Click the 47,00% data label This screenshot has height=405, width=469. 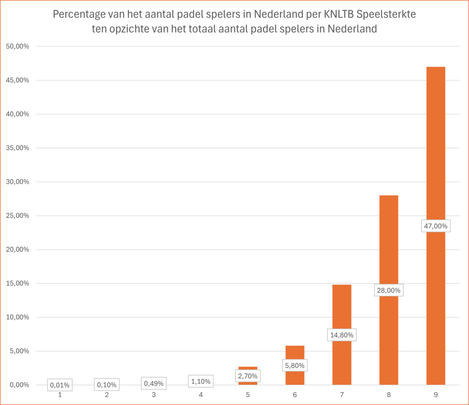click(436, 226)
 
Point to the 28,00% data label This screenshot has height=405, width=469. click(388, 290)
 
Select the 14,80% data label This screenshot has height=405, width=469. click(342, 335)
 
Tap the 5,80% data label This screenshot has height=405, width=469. click(294, 366)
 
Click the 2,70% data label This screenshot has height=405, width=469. click(248, 376)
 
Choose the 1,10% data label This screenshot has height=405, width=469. click(201, 381)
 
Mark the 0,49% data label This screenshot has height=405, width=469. click(153, 383)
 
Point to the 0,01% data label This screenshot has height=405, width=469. click(60, 385)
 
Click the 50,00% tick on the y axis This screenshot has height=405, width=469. click(16, 46)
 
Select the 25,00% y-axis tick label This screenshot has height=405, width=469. click(16, 216)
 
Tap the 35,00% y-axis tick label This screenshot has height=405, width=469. click(16, 148)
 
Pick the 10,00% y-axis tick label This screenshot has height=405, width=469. click(16, 317)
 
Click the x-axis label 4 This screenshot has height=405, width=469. click(201, 394)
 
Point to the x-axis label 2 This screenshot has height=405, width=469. click(107, 394)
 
